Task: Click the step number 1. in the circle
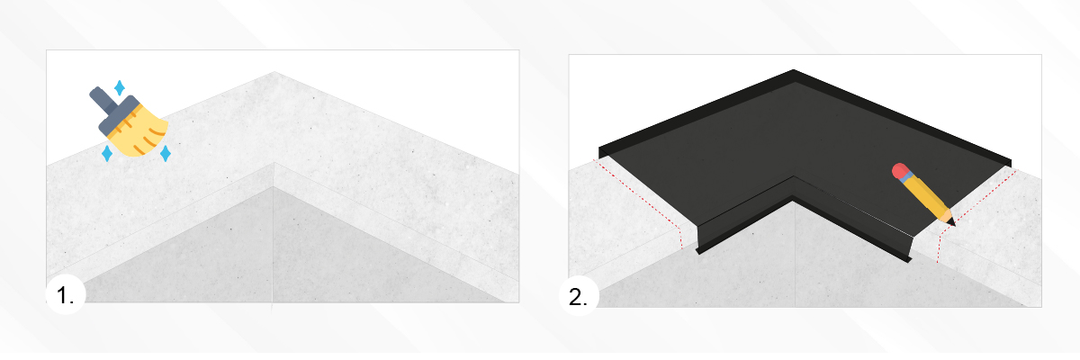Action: (x=65, y=295)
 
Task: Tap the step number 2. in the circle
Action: (x=578, y=297)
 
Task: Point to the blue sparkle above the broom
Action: (x=120, y=88)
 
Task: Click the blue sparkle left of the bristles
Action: (x=107, y=154)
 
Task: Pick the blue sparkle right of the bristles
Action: (x=166, y=154)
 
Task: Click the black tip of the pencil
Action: (x=952, y=222)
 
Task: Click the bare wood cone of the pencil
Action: (x=946, y=216)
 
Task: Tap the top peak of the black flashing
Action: (x=793, y=70)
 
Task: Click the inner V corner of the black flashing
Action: (x=794, y=177)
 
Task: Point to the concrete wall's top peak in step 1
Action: (x=274, y=72)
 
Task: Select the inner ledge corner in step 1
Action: (x=274, y=162)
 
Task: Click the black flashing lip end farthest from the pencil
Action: (x=698, y=251)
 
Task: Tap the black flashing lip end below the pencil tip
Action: (x=910, y=261)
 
